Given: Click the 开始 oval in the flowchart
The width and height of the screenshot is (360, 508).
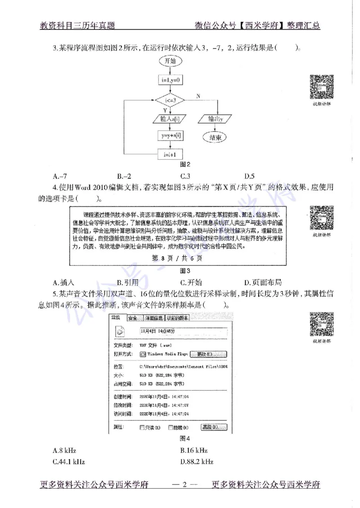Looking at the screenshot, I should tap(170, 60).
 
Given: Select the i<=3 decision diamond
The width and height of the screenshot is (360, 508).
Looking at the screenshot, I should tap(170, 99).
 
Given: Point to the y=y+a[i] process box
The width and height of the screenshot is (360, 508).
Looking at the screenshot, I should tap(170, 135).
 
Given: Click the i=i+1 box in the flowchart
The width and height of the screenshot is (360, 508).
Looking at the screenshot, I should tap(170, 154).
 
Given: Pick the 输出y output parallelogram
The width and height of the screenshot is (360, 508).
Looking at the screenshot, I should tap(217, 119).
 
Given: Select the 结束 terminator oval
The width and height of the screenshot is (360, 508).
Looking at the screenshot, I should tap(217, 138).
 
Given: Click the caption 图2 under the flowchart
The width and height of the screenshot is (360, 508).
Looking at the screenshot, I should tap(185, 165).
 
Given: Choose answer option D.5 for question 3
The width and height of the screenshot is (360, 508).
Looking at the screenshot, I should tap(250, 176).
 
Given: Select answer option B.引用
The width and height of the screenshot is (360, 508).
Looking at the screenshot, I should tap(128, 282).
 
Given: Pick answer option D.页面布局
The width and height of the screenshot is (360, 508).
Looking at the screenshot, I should tap(263, 282).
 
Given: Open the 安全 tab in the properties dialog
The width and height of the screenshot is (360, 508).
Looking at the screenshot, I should tap(132, 318).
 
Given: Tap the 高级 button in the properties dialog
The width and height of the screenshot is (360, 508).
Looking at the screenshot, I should tap(214, 427).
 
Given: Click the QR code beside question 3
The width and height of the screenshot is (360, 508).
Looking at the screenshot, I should tap(321, 86).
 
